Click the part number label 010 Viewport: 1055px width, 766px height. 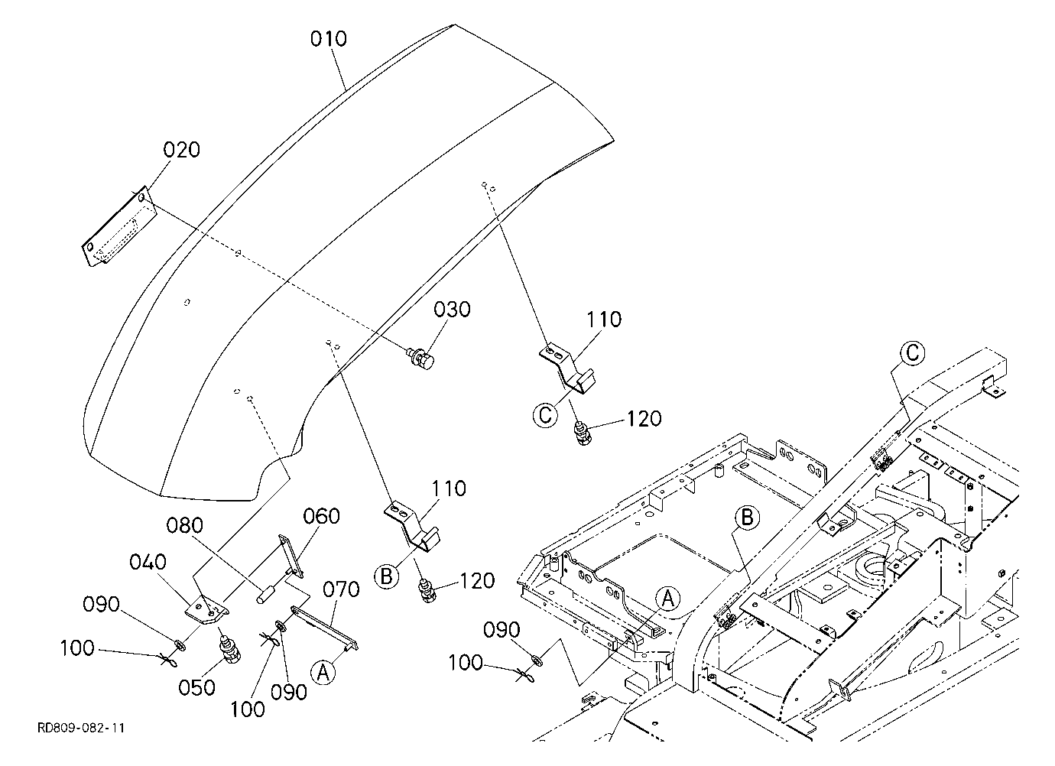coord(328,39)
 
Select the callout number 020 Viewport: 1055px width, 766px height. coord(182,150)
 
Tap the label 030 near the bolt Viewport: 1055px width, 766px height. coord(452,310)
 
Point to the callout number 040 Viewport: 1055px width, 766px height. coord(148,562)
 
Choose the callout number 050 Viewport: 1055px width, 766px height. coord(197,688)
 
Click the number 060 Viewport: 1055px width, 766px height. coord(321,516)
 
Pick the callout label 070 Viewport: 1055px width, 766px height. coord(341,589)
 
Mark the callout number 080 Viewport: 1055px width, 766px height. coord(185,525)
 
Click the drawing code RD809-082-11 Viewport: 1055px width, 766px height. coord(81,729)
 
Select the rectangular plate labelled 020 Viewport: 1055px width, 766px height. coord(118,226)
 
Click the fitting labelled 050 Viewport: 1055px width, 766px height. coord(229,648)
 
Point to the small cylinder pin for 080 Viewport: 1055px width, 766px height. coord(265,593)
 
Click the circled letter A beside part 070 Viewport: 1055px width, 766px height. coord(323,672)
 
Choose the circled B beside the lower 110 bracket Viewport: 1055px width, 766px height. coord(386,576)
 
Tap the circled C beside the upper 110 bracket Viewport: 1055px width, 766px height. coord(545,416)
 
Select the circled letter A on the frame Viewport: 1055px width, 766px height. coord(668,599)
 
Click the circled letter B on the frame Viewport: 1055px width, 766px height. coord(747,518)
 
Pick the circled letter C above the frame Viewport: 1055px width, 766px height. coord(912,353)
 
